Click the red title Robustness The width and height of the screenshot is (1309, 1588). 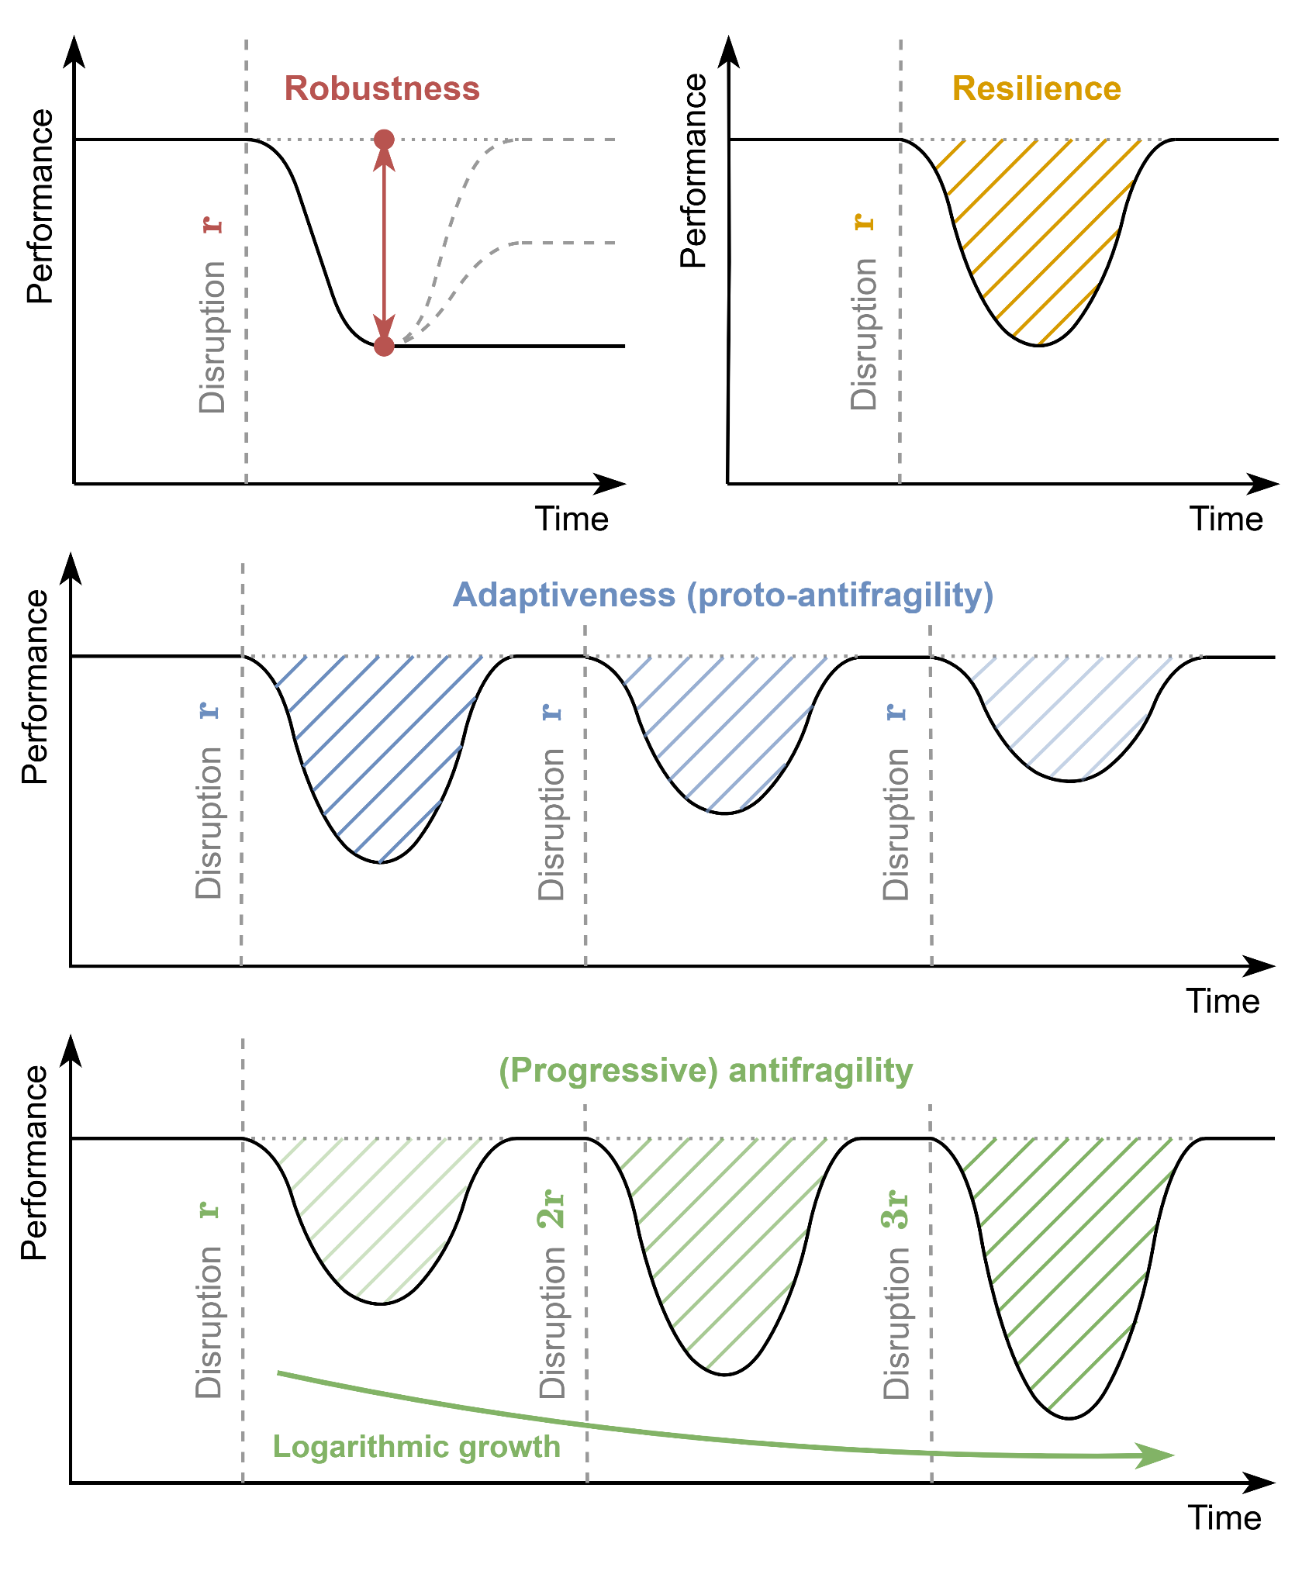[x=382, y=88]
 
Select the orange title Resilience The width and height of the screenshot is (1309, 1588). [x=1036, y=88]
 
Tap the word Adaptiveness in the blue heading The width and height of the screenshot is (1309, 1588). [x=564, y=595]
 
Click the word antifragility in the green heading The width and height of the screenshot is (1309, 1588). [x=820, y=1070]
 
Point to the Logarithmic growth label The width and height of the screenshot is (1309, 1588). [x=416, y=1447]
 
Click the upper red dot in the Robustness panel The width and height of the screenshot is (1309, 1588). [x=384, y=140]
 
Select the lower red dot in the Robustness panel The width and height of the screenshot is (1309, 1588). [x=384, y=346]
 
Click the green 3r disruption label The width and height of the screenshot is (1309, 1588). [x=896, y=1208]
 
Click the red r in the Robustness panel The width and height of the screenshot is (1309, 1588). [x=212, y=225]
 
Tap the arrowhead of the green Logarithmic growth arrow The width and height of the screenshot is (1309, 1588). [x=1157, y=1455]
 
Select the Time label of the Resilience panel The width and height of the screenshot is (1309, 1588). [x=1226, y=519]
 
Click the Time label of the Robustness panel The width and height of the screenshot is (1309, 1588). [x=572, y=519]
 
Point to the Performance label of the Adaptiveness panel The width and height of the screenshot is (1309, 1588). [x=35, y=687]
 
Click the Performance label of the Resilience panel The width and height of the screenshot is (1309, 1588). [x=693, y=171]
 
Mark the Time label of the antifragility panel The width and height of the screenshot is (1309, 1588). [x=1224, y=1517]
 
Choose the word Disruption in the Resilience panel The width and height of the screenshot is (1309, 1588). [x=864, y=334]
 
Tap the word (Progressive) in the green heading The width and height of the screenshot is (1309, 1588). [x=608, y=1070]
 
